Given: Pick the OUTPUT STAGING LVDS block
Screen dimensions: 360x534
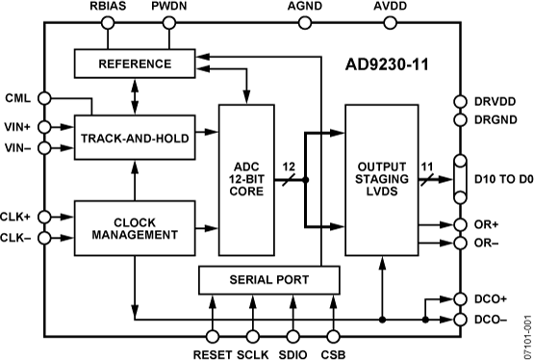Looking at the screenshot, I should click(x=381, y=178).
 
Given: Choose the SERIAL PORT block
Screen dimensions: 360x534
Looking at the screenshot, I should click(x=269, y=280).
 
